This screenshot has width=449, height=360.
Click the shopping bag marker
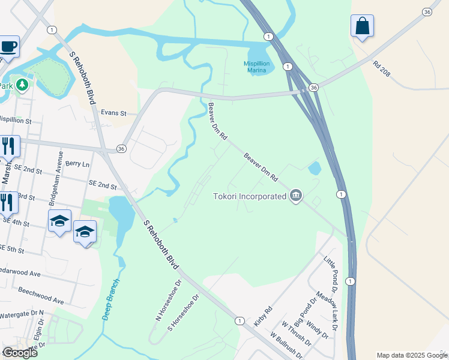click(362, 26)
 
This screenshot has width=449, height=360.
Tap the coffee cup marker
click(8, 46)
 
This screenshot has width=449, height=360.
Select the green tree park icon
click(22, 85)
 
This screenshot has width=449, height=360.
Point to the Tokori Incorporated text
click(250, 196)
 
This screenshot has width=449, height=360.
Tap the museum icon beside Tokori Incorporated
click(295, 196)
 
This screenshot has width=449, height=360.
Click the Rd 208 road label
click(381, 69)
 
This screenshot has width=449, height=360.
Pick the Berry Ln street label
click(77, 163)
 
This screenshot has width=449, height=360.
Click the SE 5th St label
click(12, 248)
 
